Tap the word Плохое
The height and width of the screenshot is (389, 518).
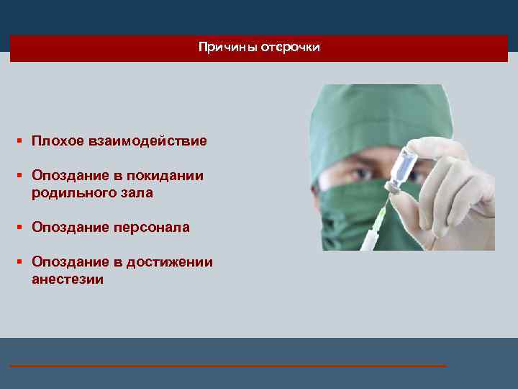point(58,141)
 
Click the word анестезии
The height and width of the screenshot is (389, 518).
point(68,280)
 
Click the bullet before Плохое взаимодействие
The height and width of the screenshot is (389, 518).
point(22,141)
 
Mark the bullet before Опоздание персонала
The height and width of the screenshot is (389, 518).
point(22,228)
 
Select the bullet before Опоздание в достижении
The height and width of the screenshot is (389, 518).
point(22,262)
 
